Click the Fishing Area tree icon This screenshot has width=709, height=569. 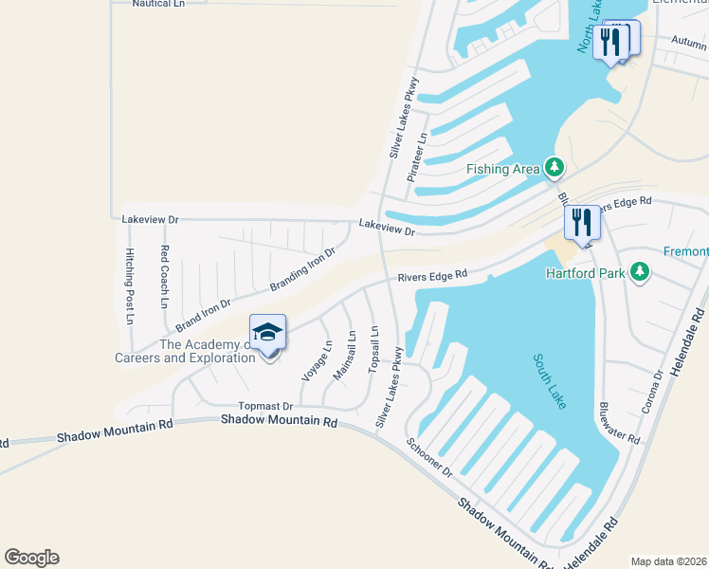click(554, 169)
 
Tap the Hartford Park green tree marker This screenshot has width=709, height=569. click(642, 273)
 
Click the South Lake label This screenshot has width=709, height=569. click(549, 381)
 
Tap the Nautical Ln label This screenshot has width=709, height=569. click(158, 4)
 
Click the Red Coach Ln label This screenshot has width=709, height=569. click(164, 277)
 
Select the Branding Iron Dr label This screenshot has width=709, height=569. click(303, 270)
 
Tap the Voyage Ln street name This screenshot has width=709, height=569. click(317, 361)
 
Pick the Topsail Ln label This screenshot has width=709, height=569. click(374, 348)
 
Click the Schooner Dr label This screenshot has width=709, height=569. click(429, 457)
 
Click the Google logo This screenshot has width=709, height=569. click(31, 558)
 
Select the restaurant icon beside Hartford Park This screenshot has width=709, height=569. click(582, 224)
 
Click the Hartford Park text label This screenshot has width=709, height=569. click(587, 273)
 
